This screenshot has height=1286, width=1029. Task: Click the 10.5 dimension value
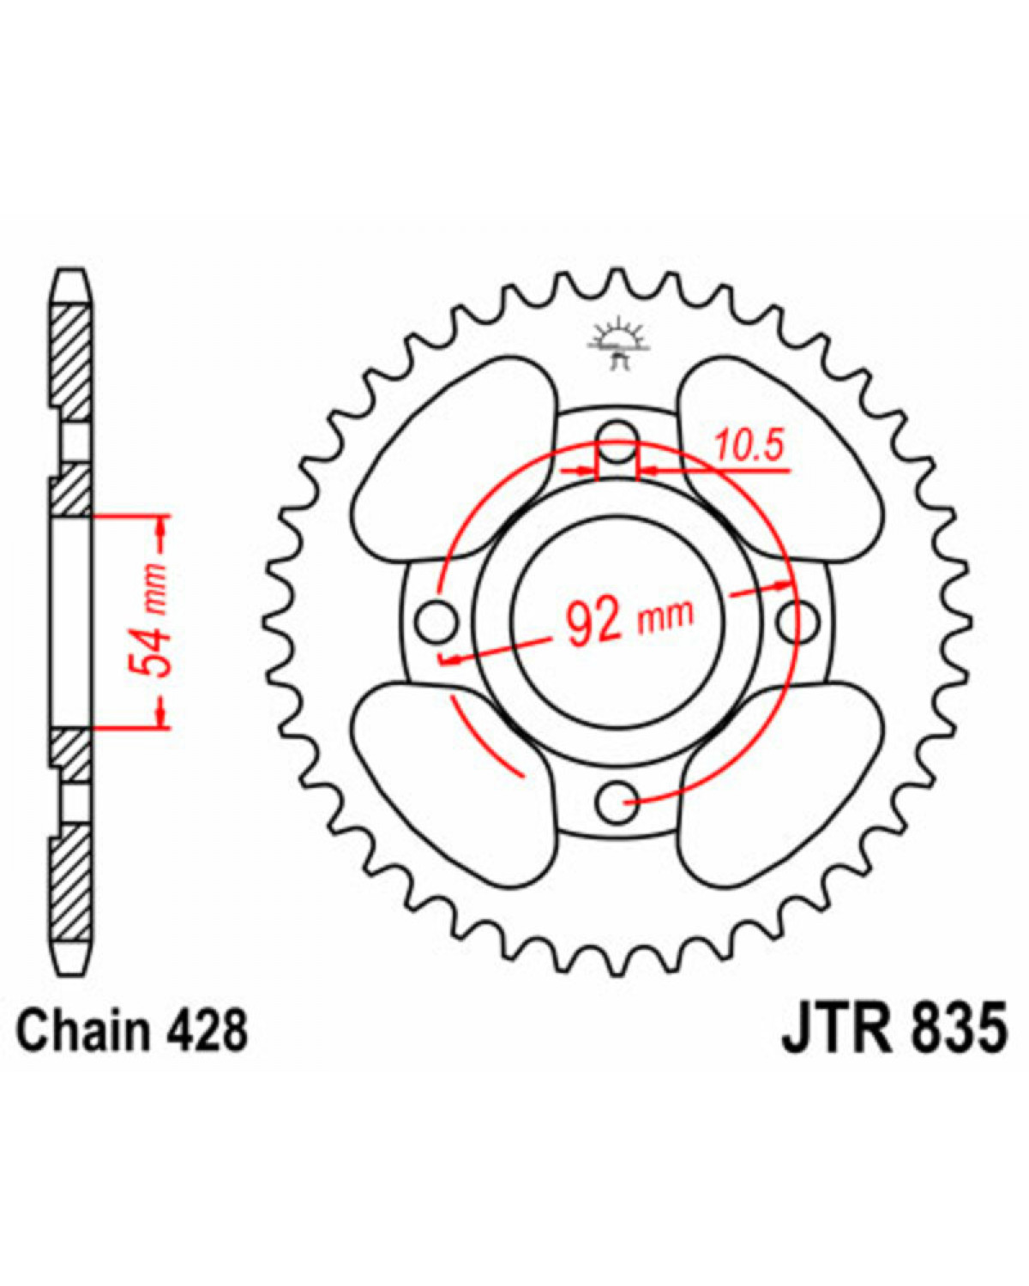pyautogui.click(x=748, y=447)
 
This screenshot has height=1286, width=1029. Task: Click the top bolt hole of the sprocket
pyautogui.click(x=618, y=441)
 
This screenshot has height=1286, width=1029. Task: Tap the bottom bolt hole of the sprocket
pyautogui.click(x=617, y=802)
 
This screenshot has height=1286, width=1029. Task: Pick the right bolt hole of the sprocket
pyautogui.click(x=799, y=622)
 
